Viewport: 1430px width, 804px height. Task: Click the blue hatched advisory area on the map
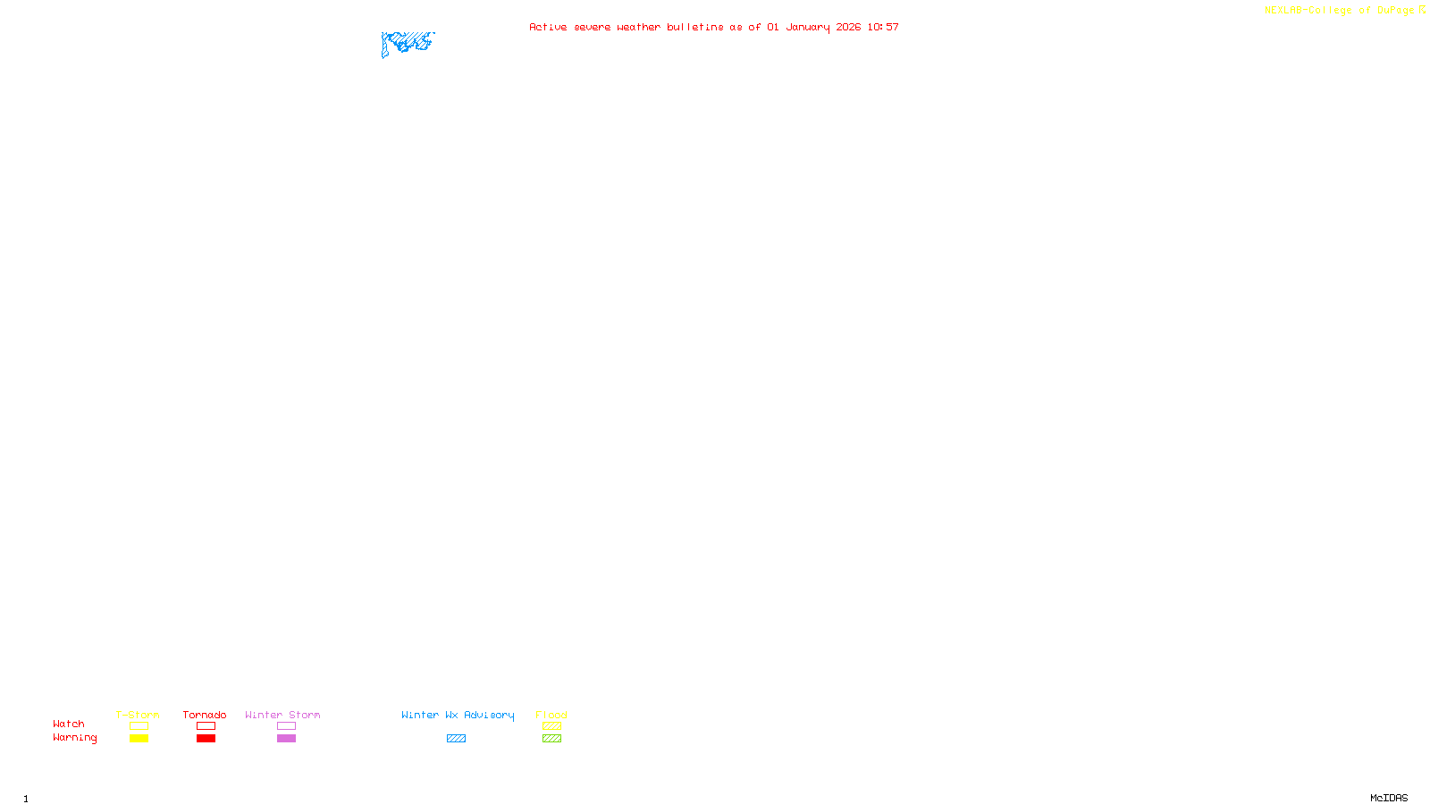click(x=407, y=42)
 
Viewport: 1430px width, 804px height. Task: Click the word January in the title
click(x=808, y=27)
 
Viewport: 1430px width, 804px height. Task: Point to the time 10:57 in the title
click(x=883, y=27)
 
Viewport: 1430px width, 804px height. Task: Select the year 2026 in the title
click(x=848, y=27)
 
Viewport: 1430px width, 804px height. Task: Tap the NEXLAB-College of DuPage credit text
click(x=1339, y=10)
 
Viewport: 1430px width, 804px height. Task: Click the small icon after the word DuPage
click(x=1422, y=10)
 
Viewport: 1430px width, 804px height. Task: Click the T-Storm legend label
click(x=138, y=715)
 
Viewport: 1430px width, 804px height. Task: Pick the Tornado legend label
click(x=205, y=715)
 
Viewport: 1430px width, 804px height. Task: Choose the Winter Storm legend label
click(x=282, y=715)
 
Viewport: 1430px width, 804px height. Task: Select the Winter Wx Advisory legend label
click(x=458, y=715)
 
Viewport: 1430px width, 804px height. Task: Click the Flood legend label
click(x=551, y=715)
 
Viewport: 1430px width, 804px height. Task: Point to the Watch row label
click(x=69, y=724)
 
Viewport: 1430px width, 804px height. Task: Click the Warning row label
click(x=75, y=738)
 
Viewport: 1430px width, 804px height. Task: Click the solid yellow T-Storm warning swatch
click(x=139, y=739)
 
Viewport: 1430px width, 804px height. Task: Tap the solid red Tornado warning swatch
click(x=206, y=739)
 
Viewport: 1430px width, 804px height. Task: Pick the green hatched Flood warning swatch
click(x=552, y=739)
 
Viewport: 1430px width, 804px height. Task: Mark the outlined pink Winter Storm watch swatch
click(x=286, y=726)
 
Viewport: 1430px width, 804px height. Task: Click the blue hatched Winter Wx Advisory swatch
click(x=456, y=739)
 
